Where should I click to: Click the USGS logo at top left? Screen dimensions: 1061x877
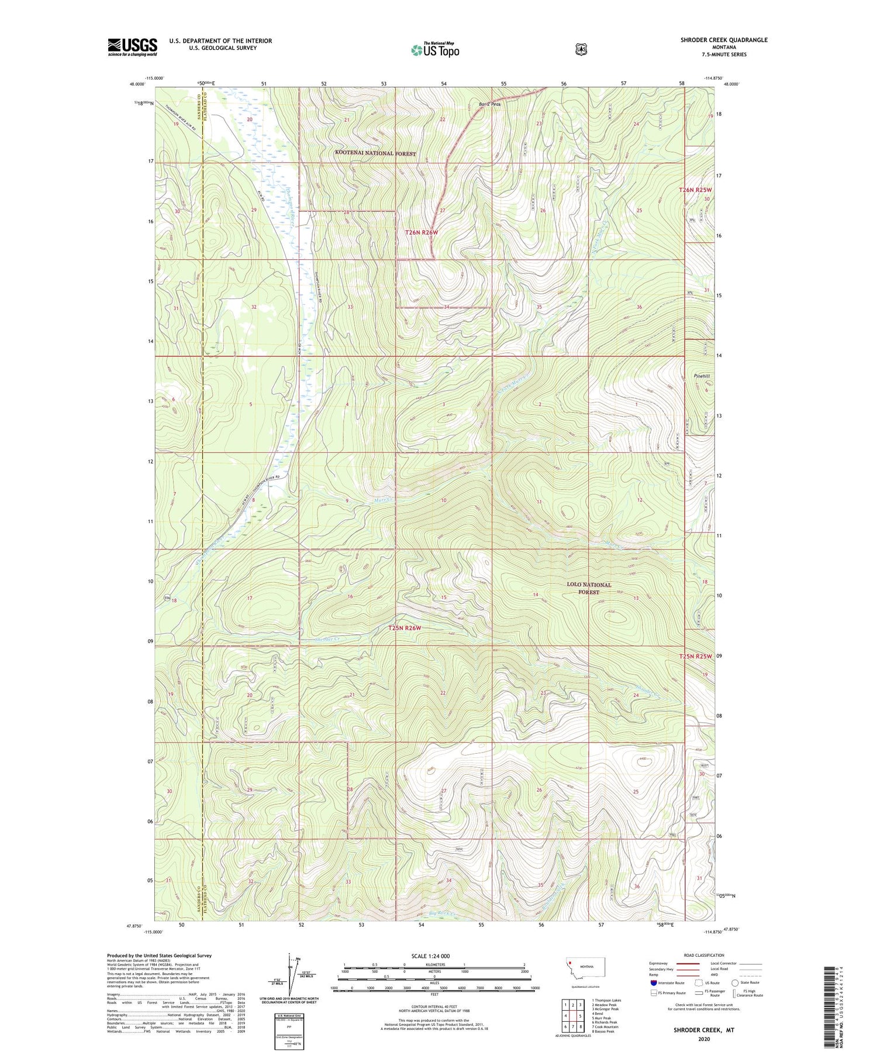(x=132, y=47)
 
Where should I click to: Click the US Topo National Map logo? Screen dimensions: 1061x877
(x=435, y=49)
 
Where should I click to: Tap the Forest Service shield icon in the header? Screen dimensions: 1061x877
(x=581, y=50)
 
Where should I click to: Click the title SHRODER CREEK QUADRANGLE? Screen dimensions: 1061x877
(x=724, y=40)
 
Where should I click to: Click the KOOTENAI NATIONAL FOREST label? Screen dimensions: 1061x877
(x=375, y=153)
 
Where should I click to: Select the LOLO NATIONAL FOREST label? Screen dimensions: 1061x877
(x=589, y=588)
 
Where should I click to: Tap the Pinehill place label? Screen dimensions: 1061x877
(x=701, y=376)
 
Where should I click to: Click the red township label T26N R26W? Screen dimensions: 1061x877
(x=422, y=232)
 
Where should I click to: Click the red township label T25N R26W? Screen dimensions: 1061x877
(x=405, y=628)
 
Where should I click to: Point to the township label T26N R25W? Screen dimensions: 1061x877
(x=695, y=190)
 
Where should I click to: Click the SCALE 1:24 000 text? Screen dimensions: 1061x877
(x=430, y=956)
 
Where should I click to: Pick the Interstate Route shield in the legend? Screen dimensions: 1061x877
(x=654, y=983)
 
